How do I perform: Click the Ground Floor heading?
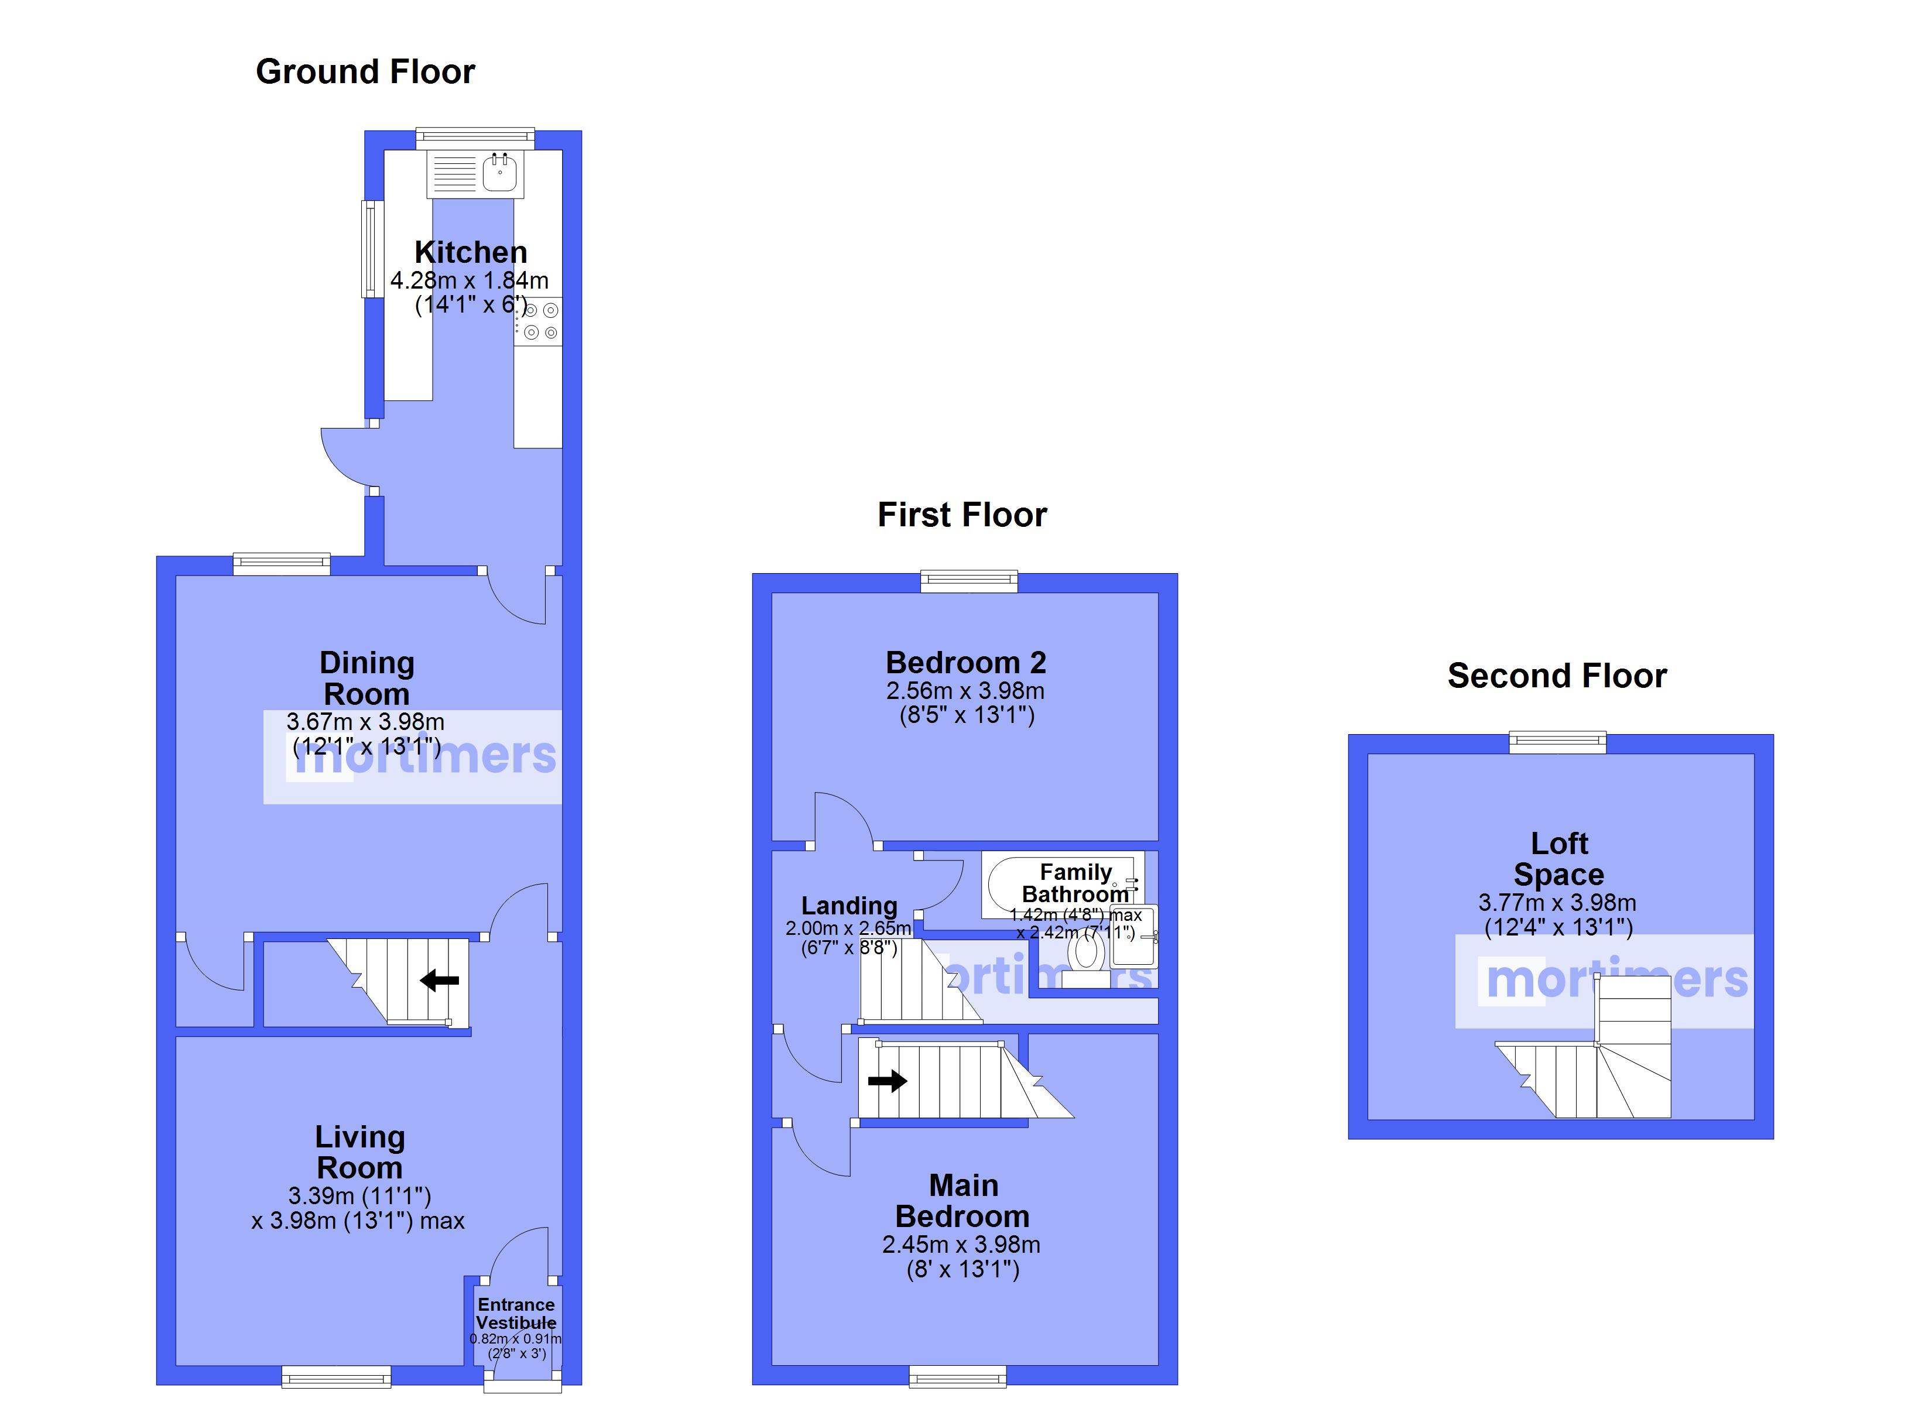point(365,71)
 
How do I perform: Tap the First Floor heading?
point(962,515)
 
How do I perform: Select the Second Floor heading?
point(1556,676)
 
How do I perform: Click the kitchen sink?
point(499,174)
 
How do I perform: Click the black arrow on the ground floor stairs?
point(440,981)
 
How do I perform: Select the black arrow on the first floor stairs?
point(887,1081)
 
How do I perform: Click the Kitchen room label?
point(470,252)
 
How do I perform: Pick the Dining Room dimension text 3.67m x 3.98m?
point(365,722)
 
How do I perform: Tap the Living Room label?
point(359,1152)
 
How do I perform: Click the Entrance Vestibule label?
point(516,1314)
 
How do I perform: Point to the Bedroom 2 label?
point(965,662)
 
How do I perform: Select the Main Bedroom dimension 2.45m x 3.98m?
point(961,1245)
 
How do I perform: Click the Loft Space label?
point(1559,859)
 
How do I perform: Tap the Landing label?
point(849,906)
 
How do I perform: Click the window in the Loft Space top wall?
point(1557,743)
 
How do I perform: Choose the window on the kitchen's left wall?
point(372,249)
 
